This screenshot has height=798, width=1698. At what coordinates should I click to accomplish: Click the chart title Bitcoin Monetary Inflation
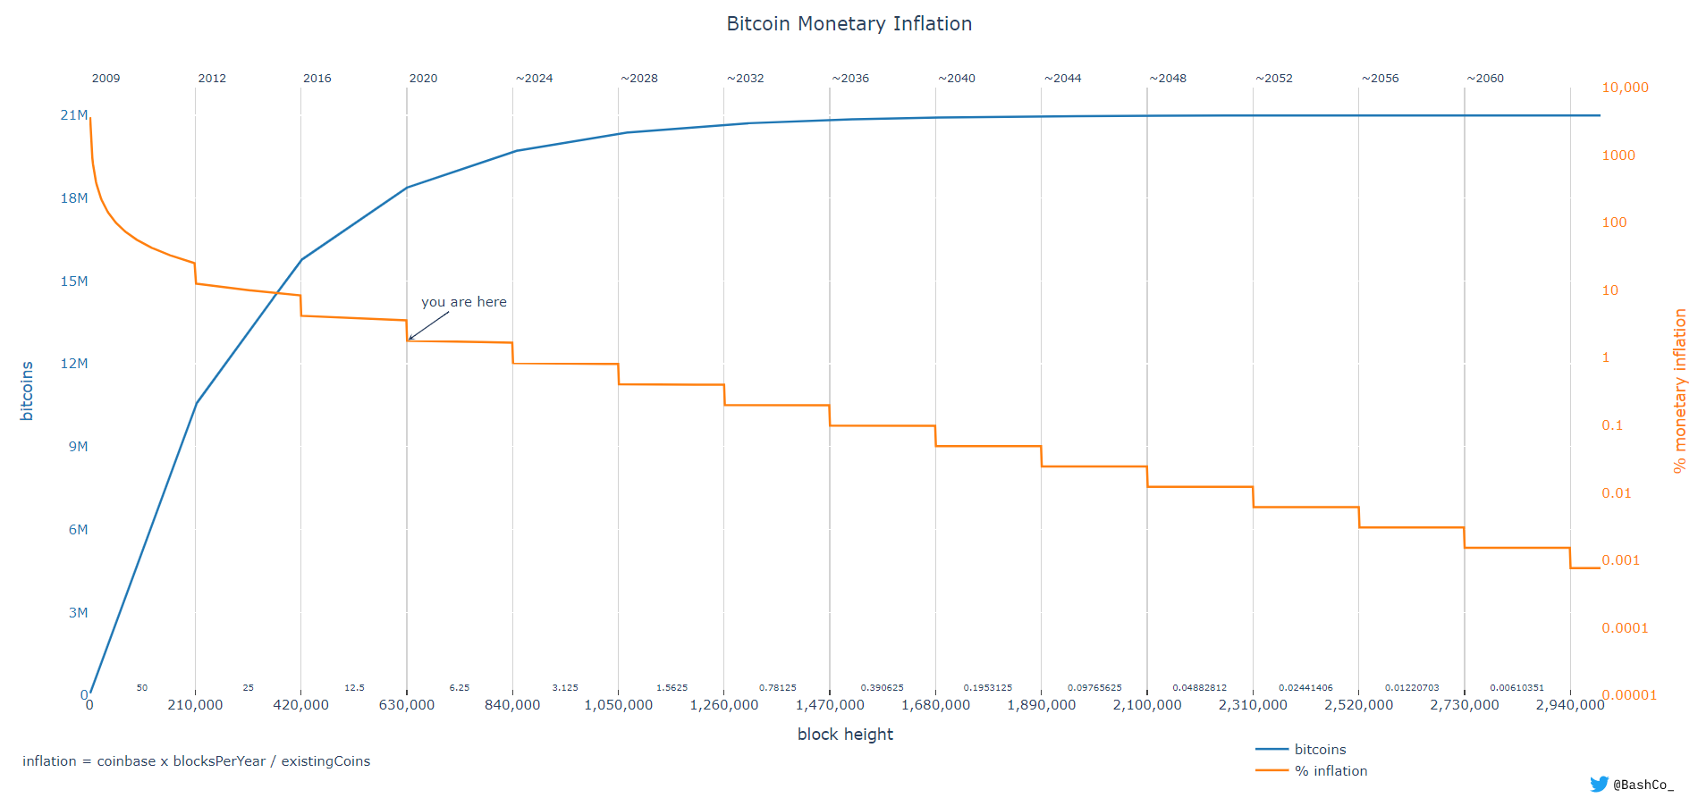(x=849, y=24)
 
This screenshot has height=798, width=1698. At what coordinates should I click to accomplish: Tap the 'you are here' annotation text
(x=463, y=302)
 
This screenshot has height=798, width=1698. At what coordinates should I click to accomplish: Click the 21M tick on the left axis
(x=74, y=115)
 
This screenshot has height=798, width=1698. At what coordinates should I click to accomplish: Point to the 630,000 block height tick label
(x=407, y=705)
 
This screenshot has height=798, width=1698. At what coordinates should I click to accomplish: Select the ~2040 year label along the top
(x=956, y=79)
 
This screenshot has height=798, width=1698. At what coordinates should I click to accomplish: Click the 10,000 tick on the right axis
(x=1625, y=88)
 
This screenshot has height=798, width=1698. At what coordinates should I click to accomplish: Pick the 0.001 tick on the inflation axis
(x=1620, y=560)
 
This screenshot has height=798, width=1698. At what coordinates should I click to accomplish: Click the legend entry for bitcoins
(x=1320, y=750)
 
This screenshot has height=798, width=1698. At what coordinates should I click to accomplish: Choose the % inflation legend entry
(x=1331, y=771)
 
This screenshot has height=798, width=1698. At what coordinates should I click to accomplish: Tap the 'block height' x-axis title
(x=845, y=735)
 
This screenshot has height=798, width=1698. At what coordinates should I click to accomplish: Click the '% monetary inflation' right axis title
(x=1679, y=391)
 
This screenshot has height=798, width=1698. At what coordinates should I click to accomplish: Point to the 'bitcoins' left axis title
(x=27, y=391)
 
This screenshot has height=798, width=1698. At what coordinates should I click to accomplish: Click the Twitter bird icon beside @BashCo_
(x=1599, y=784)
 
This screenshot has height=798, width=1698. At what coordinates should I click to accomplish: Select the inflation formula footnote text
(x=196, y=761)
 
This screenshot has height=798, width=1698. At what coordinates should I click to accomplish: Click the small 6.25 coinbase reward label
(x=459, y=688)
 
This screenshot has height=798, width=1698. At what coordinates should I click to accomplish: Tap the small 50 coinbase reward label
(x=142, y=688)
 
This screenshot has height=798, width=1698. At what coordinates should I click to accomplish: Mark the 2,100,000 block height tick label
(x=1146, y=705)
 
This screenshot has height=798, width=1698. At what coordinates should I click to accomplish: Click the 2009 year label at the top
(x=106, y=79)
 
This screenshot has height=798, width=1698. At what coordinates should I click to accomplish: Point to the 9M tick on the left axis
(x=78, y=447)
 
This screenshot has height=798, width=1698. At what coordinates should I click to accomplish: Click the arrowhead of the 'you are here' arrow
(x=410, y=340)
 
